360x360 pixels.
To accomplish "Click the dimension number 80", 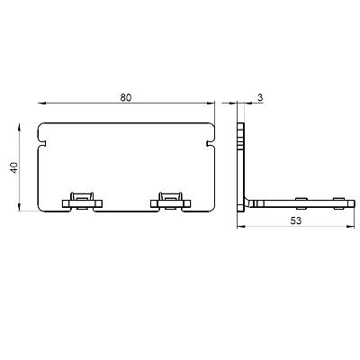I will click(126, 96).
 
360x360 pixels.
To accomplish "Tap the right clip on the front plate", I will click(170, 200).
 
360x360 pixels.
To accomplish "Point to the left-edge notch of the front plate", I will click(42, 140).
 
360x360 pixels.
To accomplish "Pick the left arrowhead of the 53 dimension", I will click(239, 229).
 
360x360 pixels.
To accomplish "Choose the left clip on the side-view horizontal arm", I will click(301, 201).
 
